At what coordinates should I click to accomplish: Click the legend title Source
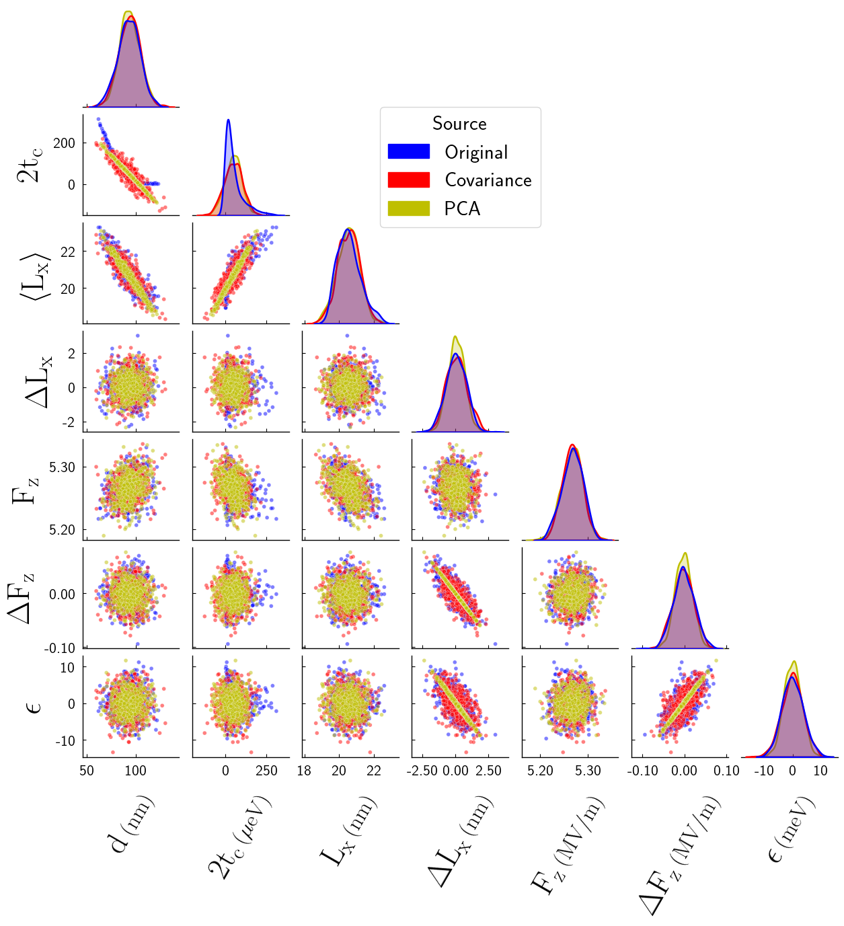(459, 124)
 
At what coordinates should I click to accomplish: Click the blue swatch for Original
(408, 152)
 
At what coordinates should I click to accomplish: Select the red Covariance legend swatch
(408, 180)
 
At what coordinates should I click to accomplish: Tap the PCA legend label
(462, 208)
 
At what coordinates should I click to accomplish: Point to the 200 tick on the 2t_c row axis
(65, 143)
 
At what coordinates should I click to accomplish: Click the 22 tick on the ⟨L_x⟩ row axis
(68, 252)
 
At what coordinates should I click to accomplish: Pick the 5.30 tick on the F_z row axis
(62, 467)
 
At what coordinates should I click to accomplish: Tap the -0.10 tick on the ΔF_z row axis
(61, 648)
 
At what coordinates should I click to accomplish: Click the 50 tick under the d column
(87, 771)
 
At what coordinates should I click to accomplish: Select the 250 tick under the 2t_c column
(266, 771)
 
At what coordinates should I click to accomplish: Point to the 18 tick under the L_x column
(304, 771)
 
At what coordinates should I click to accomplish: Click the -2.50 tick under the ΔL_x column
(423, 771)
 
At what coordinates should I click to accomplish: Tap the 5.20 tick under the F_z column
(540, 771)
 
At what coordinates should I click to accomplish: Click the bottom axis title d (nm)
(132, 824)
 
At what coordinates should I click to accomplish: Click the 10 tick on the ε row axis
(67, 668)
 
